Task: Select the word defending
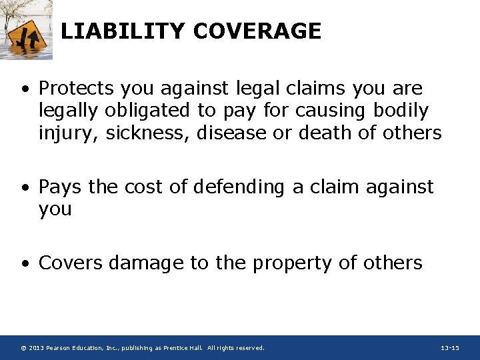tap(237, 187)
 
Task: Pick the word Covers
tap(71, 263)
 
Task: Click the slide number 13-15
tap(450, 348)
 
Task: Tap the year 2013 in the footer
tap(37, 348)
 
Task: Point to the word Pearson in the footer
tap(60, 348)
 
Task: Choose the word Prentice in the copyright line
tap(173, 348)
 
